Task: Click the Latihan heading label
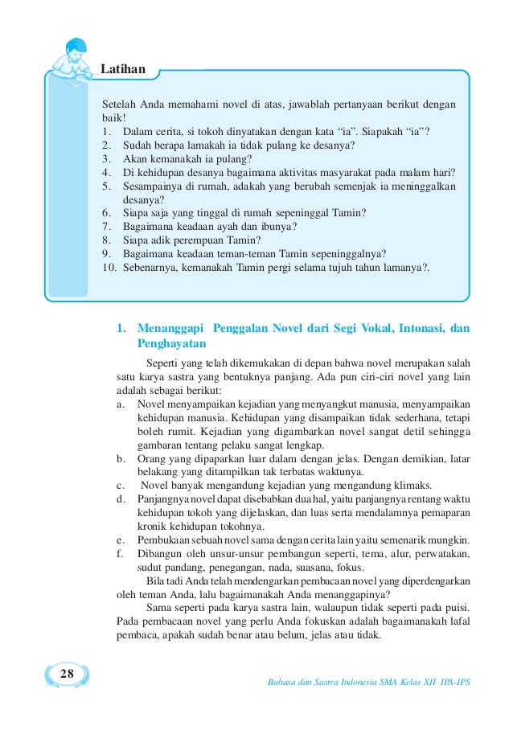coord(123,69)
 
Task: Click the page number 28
coord(68,674)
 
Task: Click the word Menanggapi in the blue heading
coord(169,328)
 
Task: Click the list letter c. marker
coord(121,485)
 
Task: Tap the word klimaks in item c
coord(412,485)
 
